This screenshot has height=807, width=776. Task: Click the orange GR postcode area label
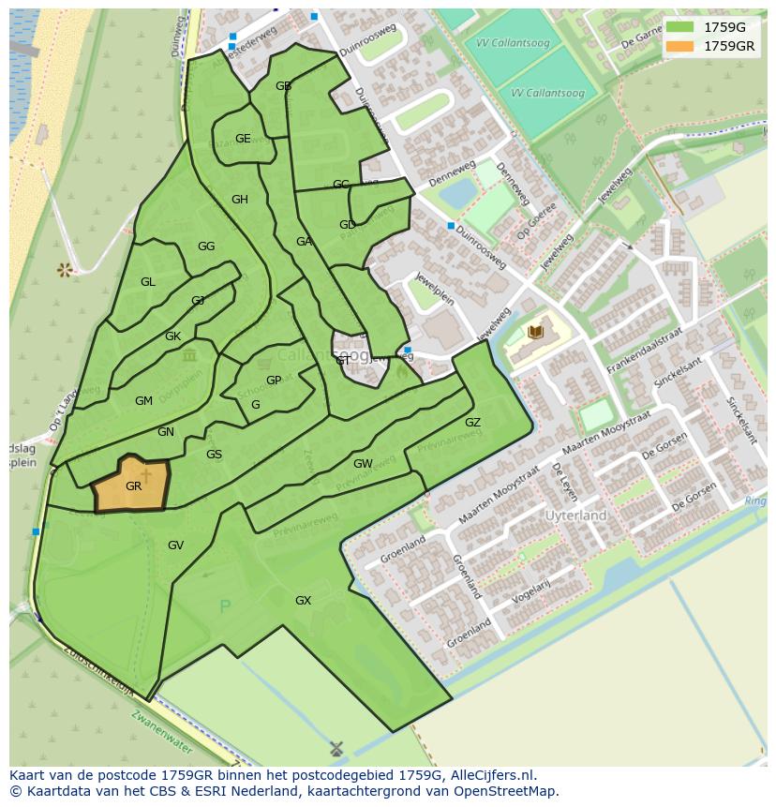click(133, 486)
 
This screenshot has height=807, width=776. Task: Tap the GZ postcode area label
click(472, 423)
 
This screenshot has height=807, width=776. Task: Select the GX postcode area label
click(303, 600)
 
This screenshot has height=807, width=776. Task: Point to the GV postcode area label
click(175, 545)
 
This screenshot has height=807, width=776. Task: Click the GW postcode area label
click(363, 464)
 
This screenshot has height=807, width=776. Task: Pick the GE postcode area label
click(243, 139)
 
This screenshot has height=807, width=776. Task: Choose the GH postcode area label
click(240, 200)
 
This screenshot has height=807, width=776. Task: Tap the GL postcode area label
click(148, 282)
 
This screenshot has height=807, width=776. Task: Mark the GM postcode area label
click(143, 401)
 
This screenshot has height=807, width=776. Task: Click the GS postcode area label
click(214, 455)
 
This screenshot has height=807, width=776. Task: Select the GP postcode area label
click(274, 381)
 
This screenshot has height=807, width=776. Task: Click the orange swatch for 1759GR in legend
click(681, 45)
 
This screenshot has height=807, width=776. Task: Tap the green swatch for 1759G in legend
click(681, 26)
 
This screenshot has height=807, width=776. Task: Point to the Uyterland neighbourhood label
click(576, 516)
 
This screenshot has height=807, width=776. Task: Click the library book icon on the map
click(535, 332)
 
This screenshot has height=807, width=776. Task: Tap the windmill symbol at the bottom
click(337, 749)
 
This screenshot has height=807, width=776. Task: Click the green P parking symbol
click(224, 607)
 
